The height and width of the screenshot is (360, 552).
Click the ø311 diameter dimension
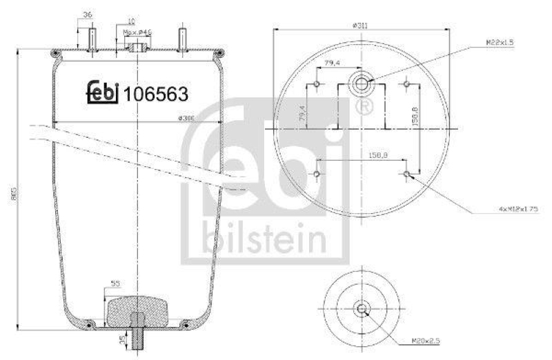click(359, 25)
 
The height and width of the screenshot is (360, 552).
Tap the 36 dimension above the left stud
click(86, 14)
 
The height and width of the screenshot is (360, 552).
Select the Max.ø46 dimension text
click(137, 32)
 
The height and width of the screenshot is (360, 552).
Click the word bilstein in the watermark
click(264, 240)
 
